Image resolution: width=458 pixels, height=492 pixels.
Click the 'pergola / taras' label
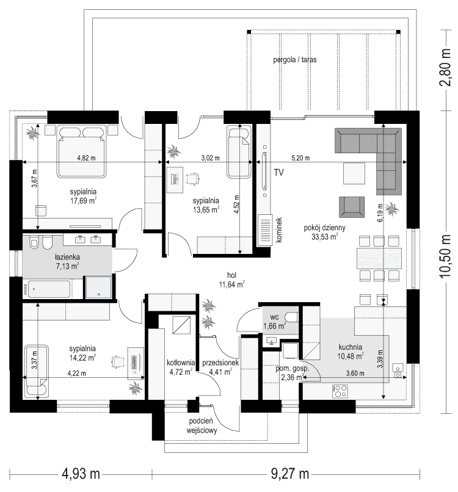(294, 61)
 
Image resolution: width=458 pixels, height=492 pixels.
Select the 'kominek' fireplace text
(278, 231)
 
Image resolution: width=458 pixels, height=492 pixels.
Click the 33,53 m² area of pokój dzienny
(325, 238)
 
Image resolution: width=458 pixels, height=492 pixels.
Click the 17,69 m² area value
(84, 200)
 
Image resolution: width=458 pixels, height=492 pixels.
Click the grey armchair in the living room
(351, 206)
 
